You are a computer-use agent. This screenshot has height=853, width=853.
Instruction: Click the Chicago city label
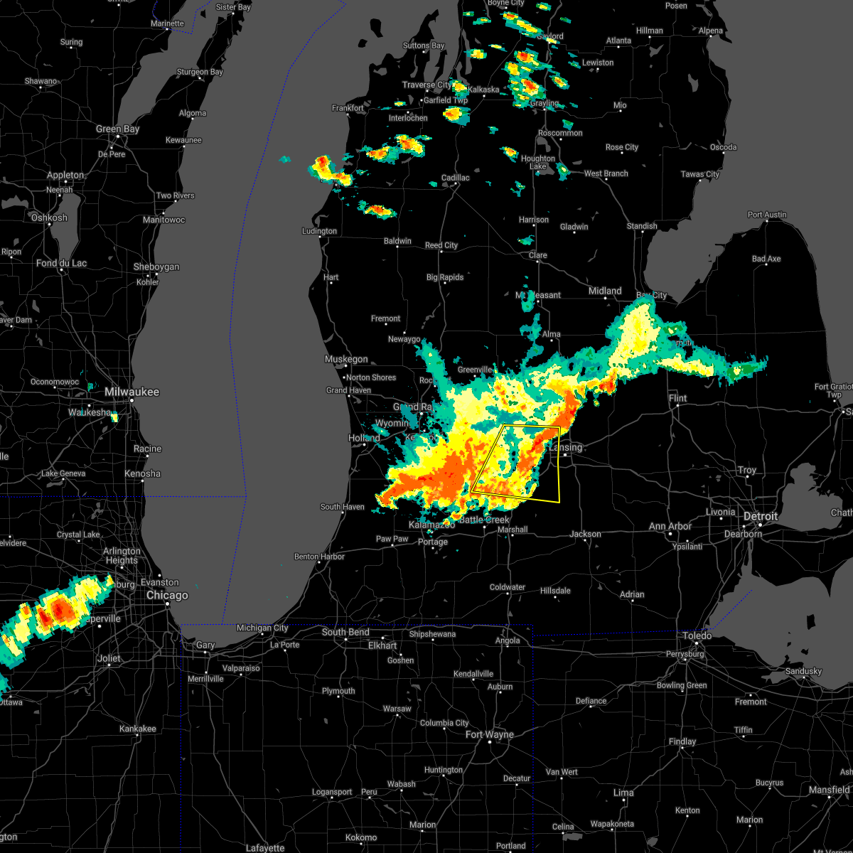click(167, 596)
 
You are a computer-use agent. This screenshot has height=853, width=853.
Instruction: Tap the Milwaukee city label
click(132, 392)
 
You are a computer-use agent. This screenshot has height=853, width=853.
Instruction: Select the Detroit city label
click(761, 516)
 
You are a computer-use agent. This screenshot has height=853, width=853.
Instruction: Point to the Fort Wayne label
click(489, 734)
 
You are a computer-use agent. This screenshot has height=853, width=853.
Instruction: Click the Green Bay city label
click(117, 129)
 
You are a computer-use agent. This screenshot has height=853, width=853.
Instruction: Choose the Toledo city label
click(697, 635)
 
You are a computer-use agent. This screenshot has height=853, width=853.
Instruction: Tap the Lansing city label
click(566, 448)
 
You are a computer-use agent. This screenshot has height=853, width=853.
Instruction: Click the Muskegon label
click(346, 360)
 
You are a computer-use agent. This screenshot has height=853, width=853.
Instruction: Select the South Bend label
click(345, 633)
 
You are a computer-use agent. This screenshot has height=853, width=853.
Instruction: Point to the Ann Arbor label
click(670, 527)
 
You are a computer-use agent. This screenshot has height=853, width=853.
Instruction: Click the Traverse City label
click(426, 85)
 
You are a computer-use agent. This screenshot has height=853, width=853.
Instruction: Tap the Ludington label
click(319, 232)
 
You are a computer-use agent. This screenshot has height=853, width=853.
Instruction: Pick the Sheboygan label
click(156, 267)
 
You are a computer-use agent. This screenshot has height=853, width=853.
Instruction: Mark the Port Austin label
click(767, 215)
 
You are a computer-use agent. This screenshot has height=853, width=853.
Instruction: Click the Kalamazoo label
click(431, 525)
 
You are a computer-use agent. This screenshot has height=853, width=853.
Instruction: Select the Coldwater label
click(508, 588)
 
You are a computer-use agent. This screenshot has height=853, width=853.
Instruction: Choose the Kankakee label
click(137, 729)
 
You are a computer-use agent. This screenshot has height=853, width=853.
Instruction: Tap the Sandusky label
click(803, 671)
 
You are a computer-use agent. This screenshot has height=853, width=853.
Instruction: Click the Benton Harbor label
click(319, 557)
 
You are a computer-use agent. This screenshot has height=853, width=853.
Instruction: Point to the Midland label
click(605, 291)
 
